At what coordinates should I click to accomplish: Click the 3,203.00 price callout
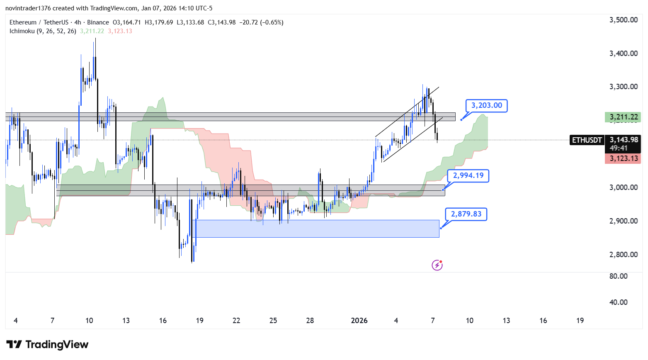coord(486,106)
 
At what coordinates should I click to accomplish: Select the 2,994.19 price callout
coord(468,176)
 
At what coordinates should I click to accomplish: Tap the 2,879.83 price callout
coord(466,214)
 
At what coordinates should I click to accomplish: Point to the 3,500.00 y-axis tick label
coord(623,20)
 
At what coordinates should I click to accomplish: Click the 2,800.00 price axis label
coord(623,255)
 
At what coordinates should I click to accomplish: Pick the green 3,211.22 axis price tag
coord(623,117)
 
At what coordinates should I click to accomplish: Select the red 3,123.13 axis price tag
coord(623,158)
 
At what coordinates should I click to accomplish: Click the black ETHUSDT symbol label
coord(587,140)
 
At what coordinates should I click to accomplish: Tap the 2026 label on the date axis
coord(359,321)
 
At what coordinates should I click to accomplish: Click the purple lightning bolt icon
coord(437,265)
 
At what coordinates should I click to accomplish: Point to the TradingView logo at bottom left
coord(47,345)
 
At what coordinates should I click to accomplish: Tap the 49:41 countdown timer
coord(618,148)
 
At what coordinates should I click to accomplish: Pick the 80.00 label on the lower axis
coord(618,276)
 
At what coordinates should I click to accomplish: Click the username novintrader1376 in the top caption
coord(28,8)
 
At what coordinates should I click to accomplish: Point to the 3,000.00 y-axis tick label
coord(623,187)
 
